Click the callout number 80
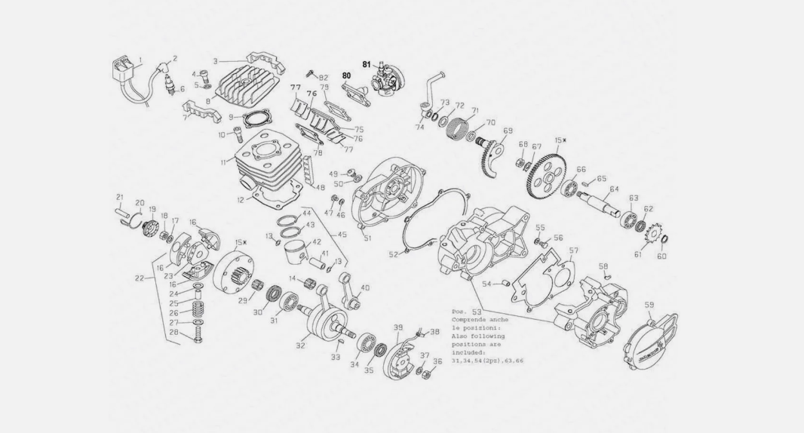346,76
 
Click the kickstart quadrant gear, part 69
491,155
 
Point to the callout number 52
393,255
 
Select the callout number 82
324,78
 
